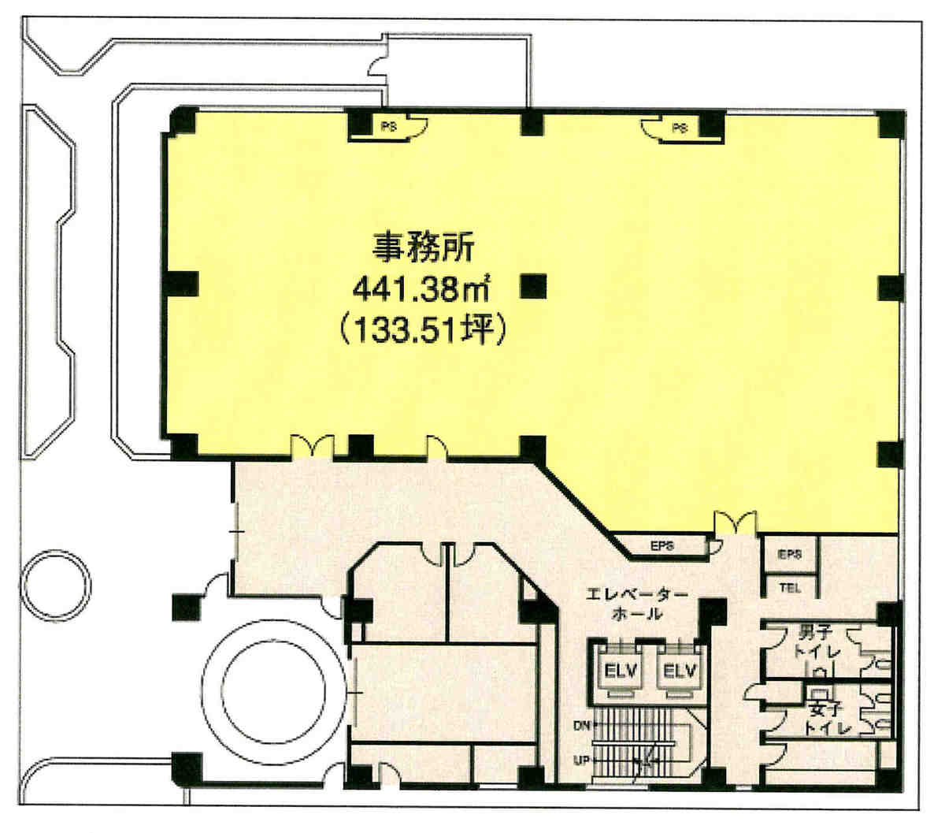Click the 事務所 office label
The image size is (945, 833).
[423, 247]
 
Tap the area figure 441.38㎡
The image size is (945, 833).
[421, 289]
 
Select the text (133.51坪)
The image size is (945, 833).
[423, 329]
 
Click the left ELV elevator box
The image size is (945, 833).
[621, 672]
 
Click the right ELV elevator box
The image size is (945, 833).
[679, 672]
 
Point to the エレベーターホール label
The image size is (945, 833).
[636, 604]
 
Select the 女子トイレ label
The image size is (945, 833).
[828, 719]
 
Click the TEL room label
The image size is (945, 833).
[789, 589]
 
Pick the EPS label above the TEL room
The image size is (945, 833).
[789, 554]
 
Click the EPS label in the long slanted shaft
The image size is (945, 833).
[661, 545]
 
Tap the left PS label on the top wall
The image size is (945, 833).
[388, 126]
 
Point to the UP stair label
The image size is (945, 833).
[581, 760]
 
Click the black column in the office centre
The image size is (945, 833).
[533, 286]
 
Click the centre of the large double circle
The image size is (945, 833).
[273, 691]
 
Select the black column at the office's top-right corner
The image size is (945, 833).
[891, 125]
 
